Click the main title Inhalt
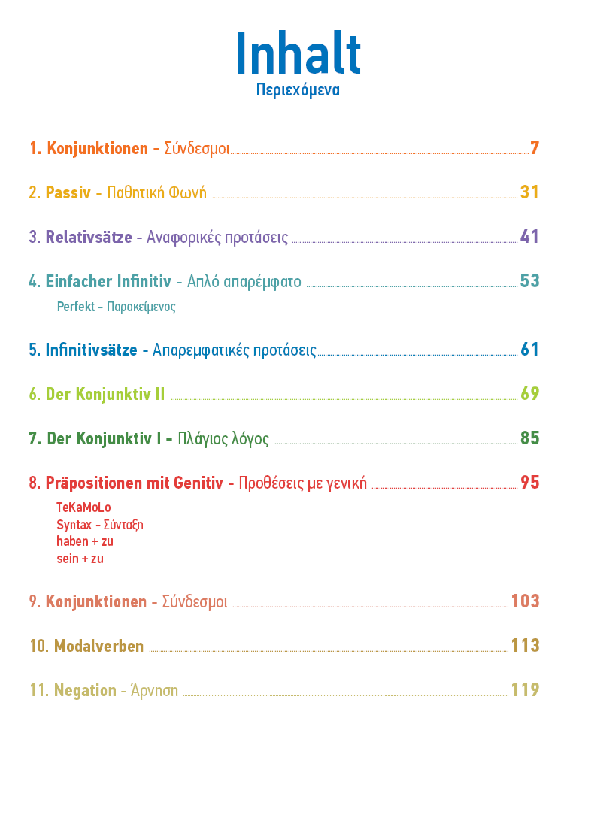coord(298,53)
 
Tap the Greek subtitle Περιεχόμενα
coord(298,89)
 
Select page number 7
coord(535,147)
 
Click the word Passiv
coord(68,192)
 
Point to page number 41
coord(530,236)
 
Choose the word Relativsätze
coord(89,237)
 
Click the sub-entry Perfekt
coord(76,307)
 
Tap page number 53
coord(530,280)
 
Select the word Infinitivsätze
coord(92,350)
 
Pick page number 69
coord(530,393)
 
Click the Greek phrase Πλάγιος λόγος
coord(223,439)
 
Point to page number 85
coord(530,438)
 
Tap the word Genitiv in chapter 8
coord(198,483)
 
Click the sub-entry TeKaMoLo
coord(83,507)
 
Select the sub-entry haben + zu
coord(85,541)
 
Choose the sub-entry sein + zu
coord(80,559)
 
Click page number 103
coord(526,601)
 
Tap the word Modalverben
coord(99,647)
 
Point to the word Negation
coord(85,690)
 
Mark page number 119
coord(526,690)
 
